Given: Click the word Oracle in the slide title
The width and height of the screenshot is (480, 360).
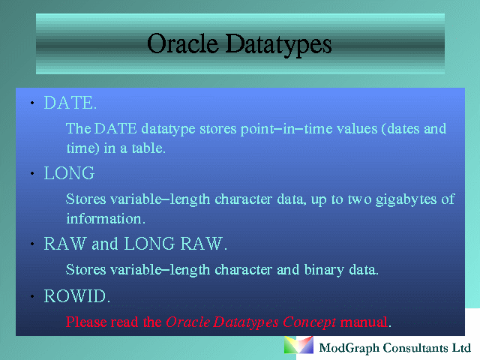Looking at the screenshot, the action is [x=182, y=43].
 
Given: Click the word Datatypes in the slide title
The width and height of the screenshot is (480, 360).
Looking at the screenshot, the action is [x=278, y=45].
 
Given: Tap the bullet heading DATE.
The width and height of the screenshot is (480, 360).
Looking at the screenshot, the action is [x=70, y=103].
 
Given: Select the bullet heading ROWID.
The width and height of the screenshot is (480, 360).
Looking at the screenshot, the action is [x=76, y=296].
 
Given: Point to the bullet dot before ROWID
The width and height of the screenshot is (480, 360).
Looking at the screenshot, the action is [x=32, y=296].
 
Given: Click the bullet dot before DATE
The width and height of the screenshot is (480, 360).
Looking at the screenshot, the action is [x=32, y=103].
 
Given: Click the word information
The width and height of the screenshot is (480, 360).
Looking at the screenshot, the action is [x=106, y=218].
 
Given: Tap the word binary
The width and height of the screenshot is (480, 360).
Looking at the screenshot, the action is [x=324, y=271].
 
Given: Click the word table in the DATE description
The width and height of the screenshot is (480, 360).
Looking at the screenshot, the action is [x=148, y=148].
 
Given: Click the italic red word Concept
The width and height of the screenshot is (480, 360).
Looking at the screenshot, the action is [x=309, y=322].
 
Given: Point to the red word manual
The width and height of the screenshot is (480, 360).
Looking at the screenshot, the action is [x=364, y=322].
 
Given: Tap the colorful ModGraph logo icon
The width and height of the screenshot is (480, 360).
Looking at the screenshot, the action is [x=298, y=345].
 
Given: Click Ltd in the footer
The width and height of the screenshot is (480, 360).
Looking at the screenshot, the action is [x=462, y=348].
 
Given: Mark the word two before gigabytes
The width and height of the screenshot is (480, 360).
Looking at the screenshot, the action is [x=360, y=199].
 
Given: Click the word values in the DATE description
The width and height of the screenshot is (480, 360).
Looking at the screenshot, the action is [x=357, y=128].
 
